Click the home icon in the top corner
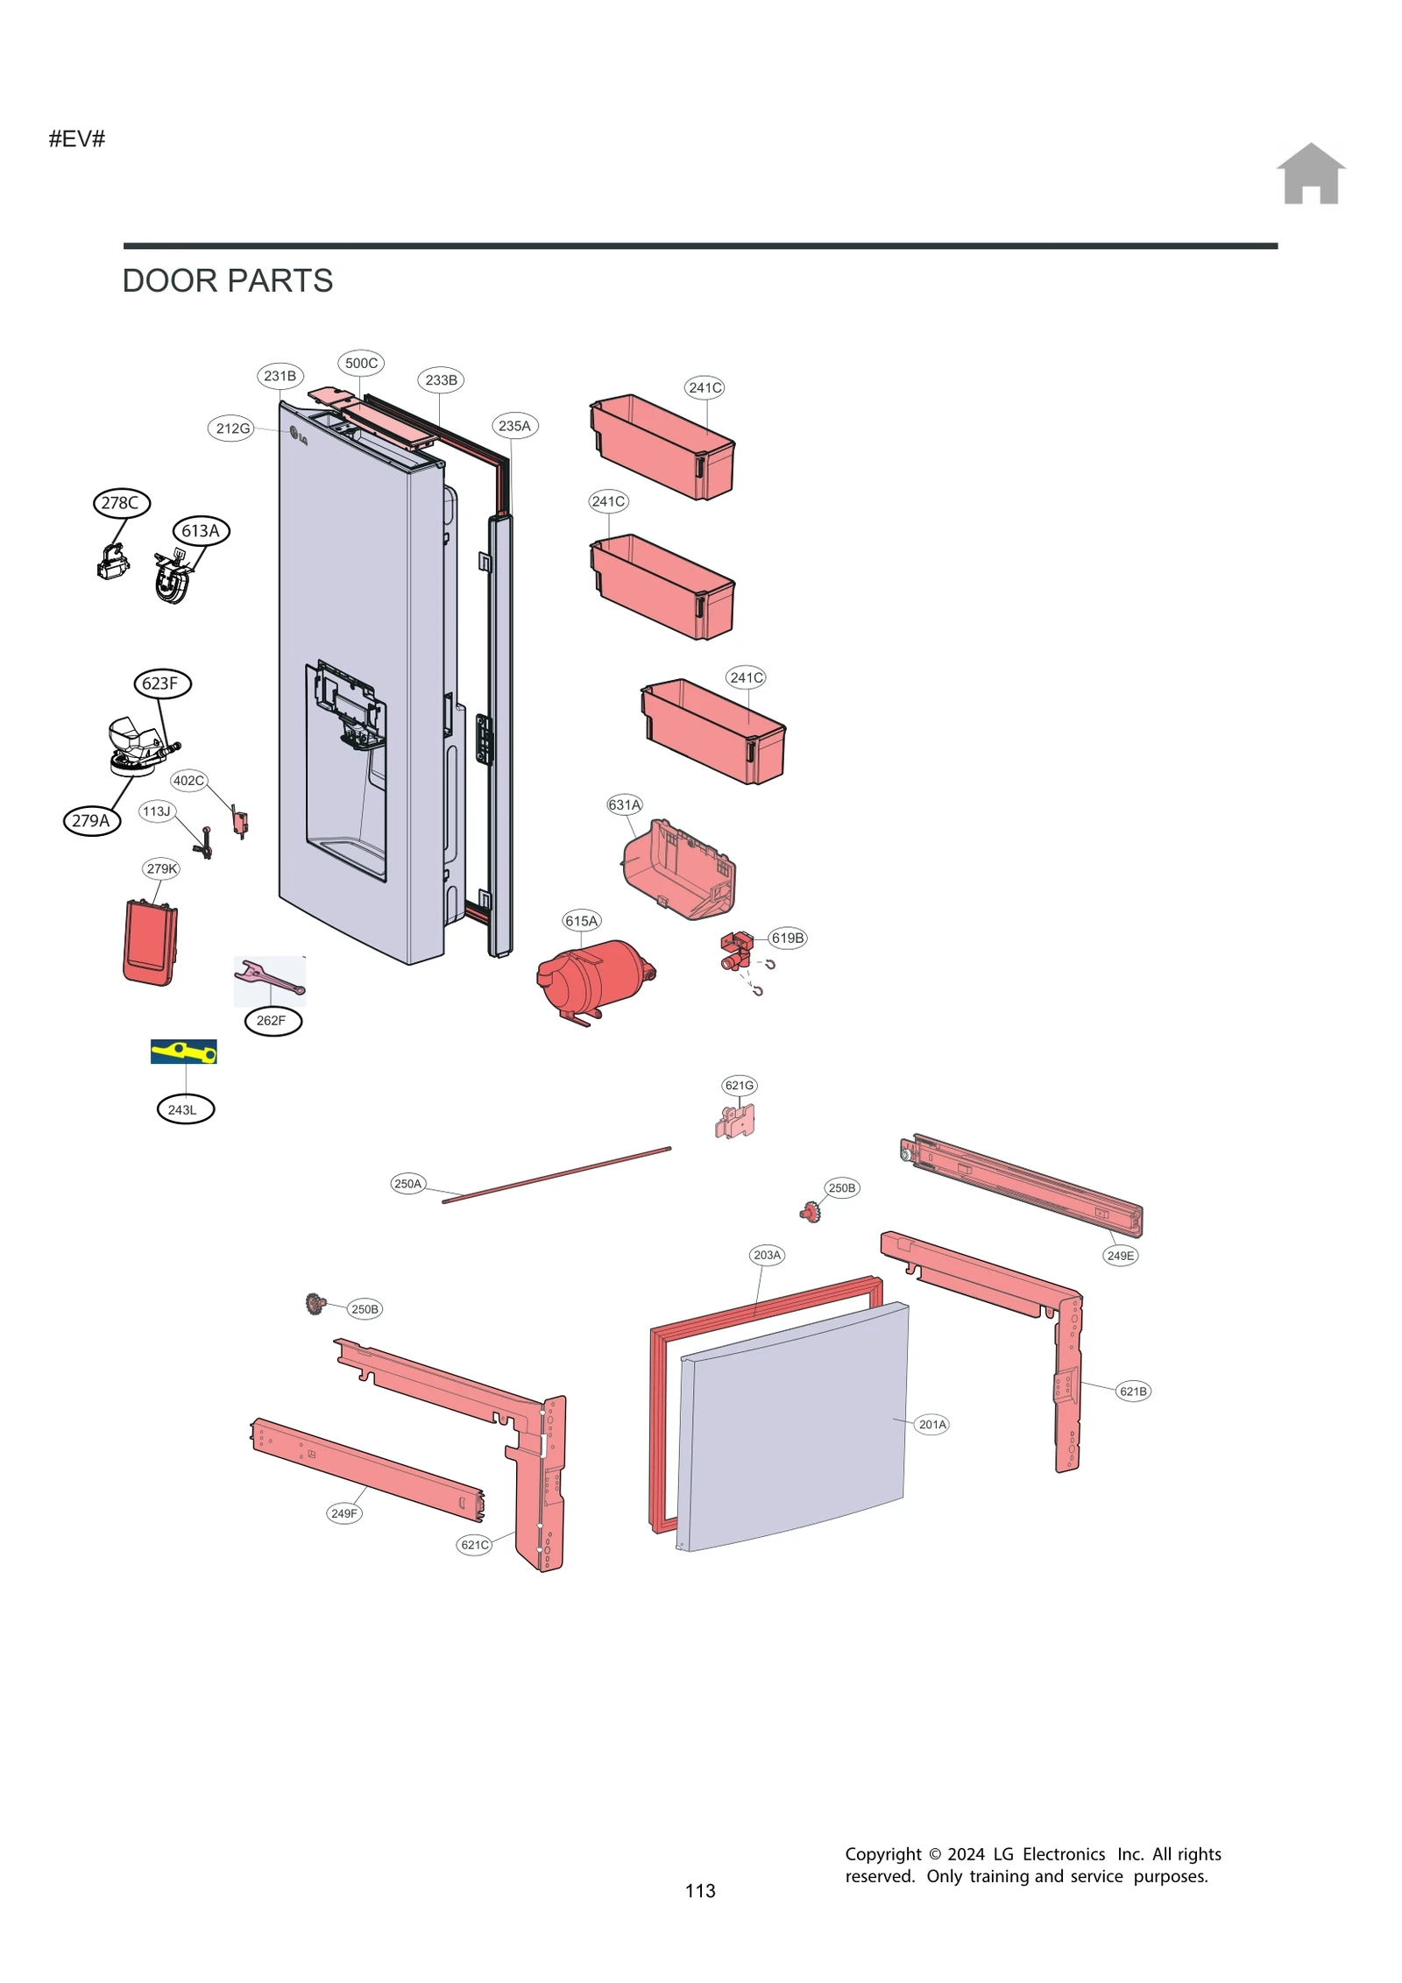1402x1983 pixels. [x=1309, y=174]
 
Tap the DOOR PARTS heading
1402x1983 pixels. [x=227, y=280]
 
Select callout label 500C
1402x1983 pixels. [x=361, y=363]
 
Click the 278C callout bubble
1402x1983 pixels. [x=121, y=503]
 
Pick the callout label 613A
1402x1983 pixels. [x=201, y=531]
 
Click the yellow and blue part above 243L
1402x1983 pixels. [x=183, y=1051]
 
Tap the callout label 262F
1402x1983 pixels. [x=272, y=1021]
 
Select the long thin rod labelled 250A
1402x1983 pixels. [x=556, y=1175]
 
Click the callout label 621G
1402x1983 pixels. [x=739, y=1085]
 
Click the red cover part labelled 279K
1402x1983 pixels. [x=150, y=942]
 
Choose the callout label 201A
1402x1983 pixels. [x=931, y=1424]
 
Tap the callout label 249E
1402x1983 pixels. [x=1119, y=1255]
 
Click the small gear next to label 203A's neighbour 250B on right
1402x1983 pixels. [x=811, y=1212]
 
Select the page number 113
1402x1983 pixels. [x=699, y=1890]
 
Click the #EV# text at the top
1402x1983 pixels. [x=77, y=138]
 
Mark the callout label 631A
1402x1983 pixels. [x=624, y=804]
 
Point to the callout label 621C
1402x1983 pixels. [x=474, y=1544]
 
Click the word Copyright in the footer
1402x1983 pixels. [x=882, y=1853]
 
